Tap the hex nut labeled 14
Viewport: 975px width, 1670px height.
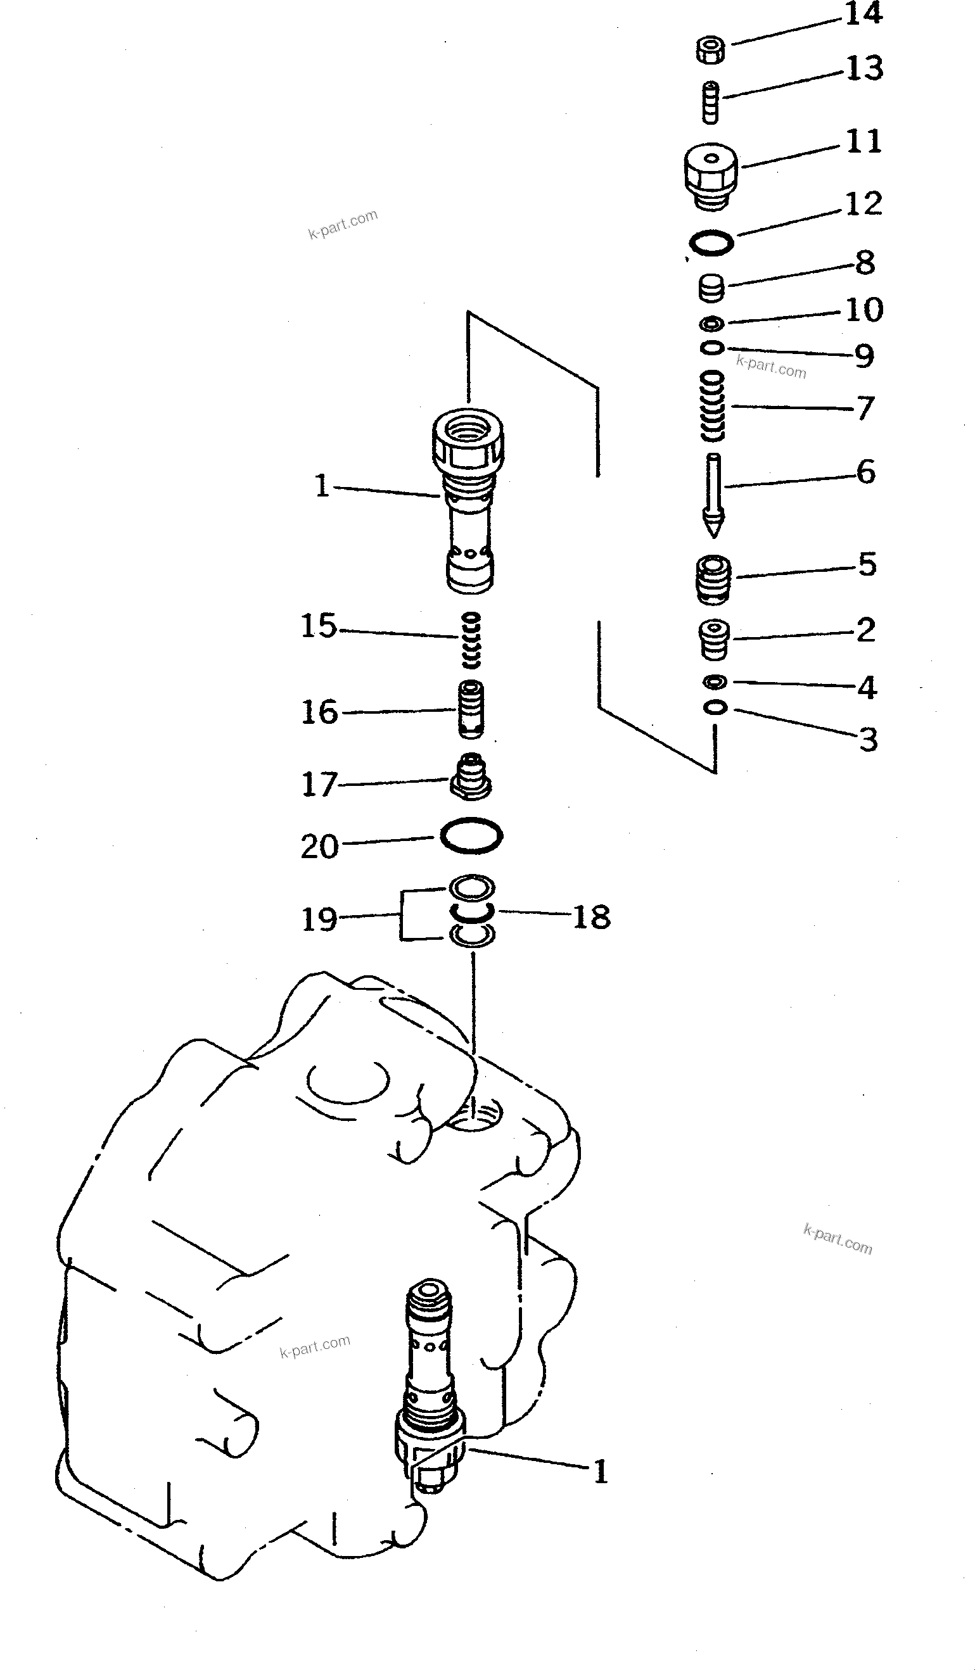(711, 51)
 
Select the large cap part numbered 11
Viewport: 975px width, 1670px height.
(711, 175)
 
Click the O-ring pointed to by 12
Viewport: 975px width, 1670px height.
(711, 243)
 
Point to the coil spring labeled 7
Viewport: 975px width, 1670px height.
(713, 405)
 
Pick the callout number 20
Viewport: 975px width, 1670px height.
(319, 847)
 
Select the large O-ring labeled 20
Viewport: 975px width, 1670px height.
(471, 836)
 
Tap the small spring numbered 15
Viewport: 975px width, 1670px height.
(471, 640)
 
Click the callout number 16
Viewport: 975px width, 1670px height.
(319, 712)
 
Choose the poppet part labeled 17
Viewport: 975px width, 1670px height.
(471, 776)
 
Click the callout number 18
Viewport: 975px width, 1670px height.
(591, 917)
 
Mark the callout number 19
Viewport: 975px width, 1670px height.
(319, 920)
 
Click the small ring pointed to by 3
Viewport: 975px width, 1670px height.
(715, 708)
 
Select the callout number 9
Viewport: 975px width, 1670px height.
(863, 357)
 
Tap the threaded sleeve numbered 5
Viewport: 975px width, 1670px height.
(713, 579)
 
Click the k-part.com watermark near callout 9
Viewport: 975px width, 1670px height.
(771, 367)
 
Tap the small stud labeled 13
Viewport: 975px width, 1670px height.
(711, 102)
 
